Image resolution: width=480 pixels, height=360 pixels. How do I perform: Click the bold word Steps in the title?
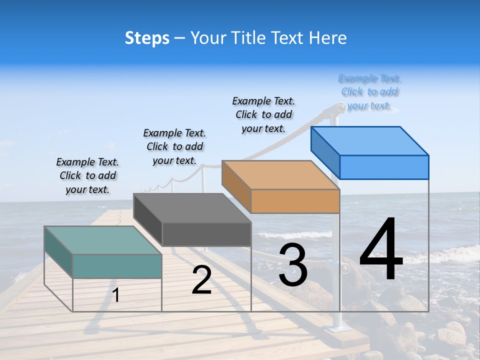click(x=147, y=38)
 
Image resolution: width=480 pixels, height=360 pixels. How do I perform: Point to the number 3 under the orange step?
click(x=293, y=264)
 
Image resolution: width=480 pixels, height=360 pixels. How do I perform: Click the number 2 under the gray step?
click(x=201, y=280)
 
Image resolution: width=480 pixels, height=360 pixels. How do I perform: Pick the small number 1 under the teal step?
click(x=116, y=295)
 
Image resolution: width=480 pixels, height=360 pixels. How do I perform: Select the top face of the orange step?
click(x=280, y=174)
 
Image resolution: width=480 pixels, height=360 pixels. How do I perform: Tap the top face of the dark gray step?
click(x=192, y=207)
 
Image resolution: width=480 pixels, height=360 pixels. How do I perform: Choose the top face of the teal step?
click(x=103, y=240)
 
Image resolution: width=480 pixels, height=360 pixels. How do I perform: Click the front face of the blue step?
click(x=384, y=167)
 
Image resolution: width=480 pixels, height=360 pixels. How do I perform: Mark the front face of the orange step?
click(x=295, y=201)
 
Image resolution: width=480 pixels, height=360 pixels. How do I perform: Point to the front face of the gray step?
click(x=206, y=234)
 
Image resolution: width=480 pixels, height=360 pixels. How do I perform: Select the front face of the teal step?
click(x=117, y=266)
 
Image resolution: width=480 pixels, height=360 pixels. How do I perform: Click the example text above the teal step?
click(x=87, y=175)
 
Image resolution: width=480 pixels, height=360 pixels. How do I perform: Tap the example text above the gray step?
click(x=174, y=146)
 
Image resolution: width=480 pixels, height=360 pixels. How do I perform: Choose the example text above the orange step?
click(x=263, y=114)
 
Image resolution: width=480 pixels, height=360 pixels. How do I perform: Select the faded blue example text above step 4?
click(x=369, y=92)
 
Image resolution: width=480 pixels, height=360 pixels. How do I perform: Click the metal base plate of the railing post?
click(x=336, y=328)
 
